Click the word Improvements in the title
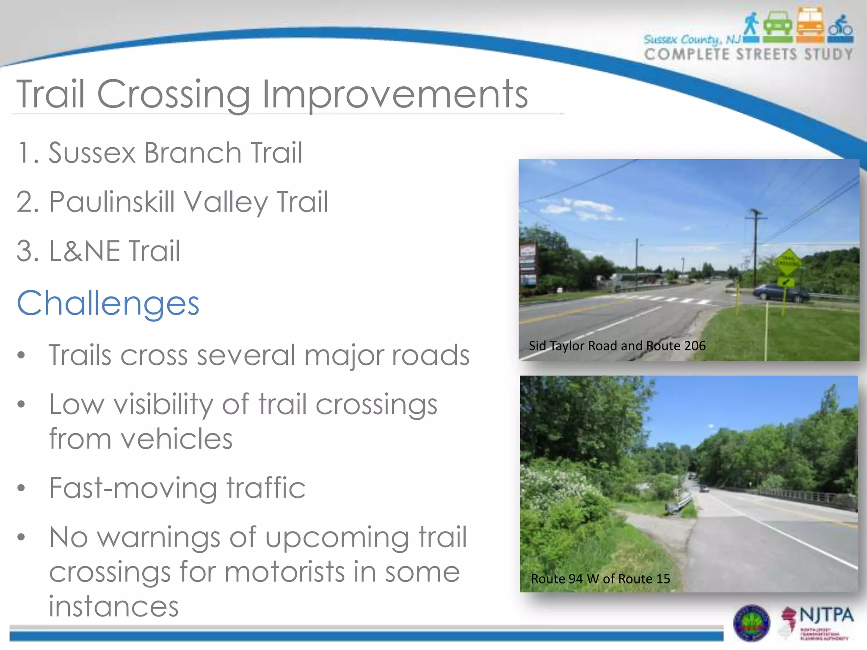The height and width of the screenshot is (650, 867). click(x=395, y=94)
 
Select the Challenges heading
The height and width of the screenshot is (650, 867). click(x=108, y=303)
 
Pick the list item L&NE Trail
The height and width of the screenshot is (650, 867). click(x=99, y=251)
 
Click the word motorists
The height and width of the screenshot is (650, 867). click(x=284, y=572)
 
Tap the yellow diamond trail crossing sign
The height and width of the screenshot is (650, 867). click(x=787, y=262)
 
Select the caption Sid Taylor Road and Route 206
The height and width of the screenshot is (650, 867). click(x=617, y=346)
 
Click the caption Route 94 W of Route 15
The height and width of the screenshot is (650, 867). click(x=600, y=578)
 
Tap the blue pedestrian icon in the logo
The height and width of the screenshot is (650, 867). click(x=751, y=25)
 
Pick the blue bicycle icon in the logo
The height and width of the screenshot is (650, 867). click(x=841, y=26)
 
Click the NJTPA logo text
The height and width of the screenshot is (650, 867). click(x=826, y=615)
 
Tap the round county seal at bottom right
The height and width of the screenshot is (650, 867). click(x=751, y=622)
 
